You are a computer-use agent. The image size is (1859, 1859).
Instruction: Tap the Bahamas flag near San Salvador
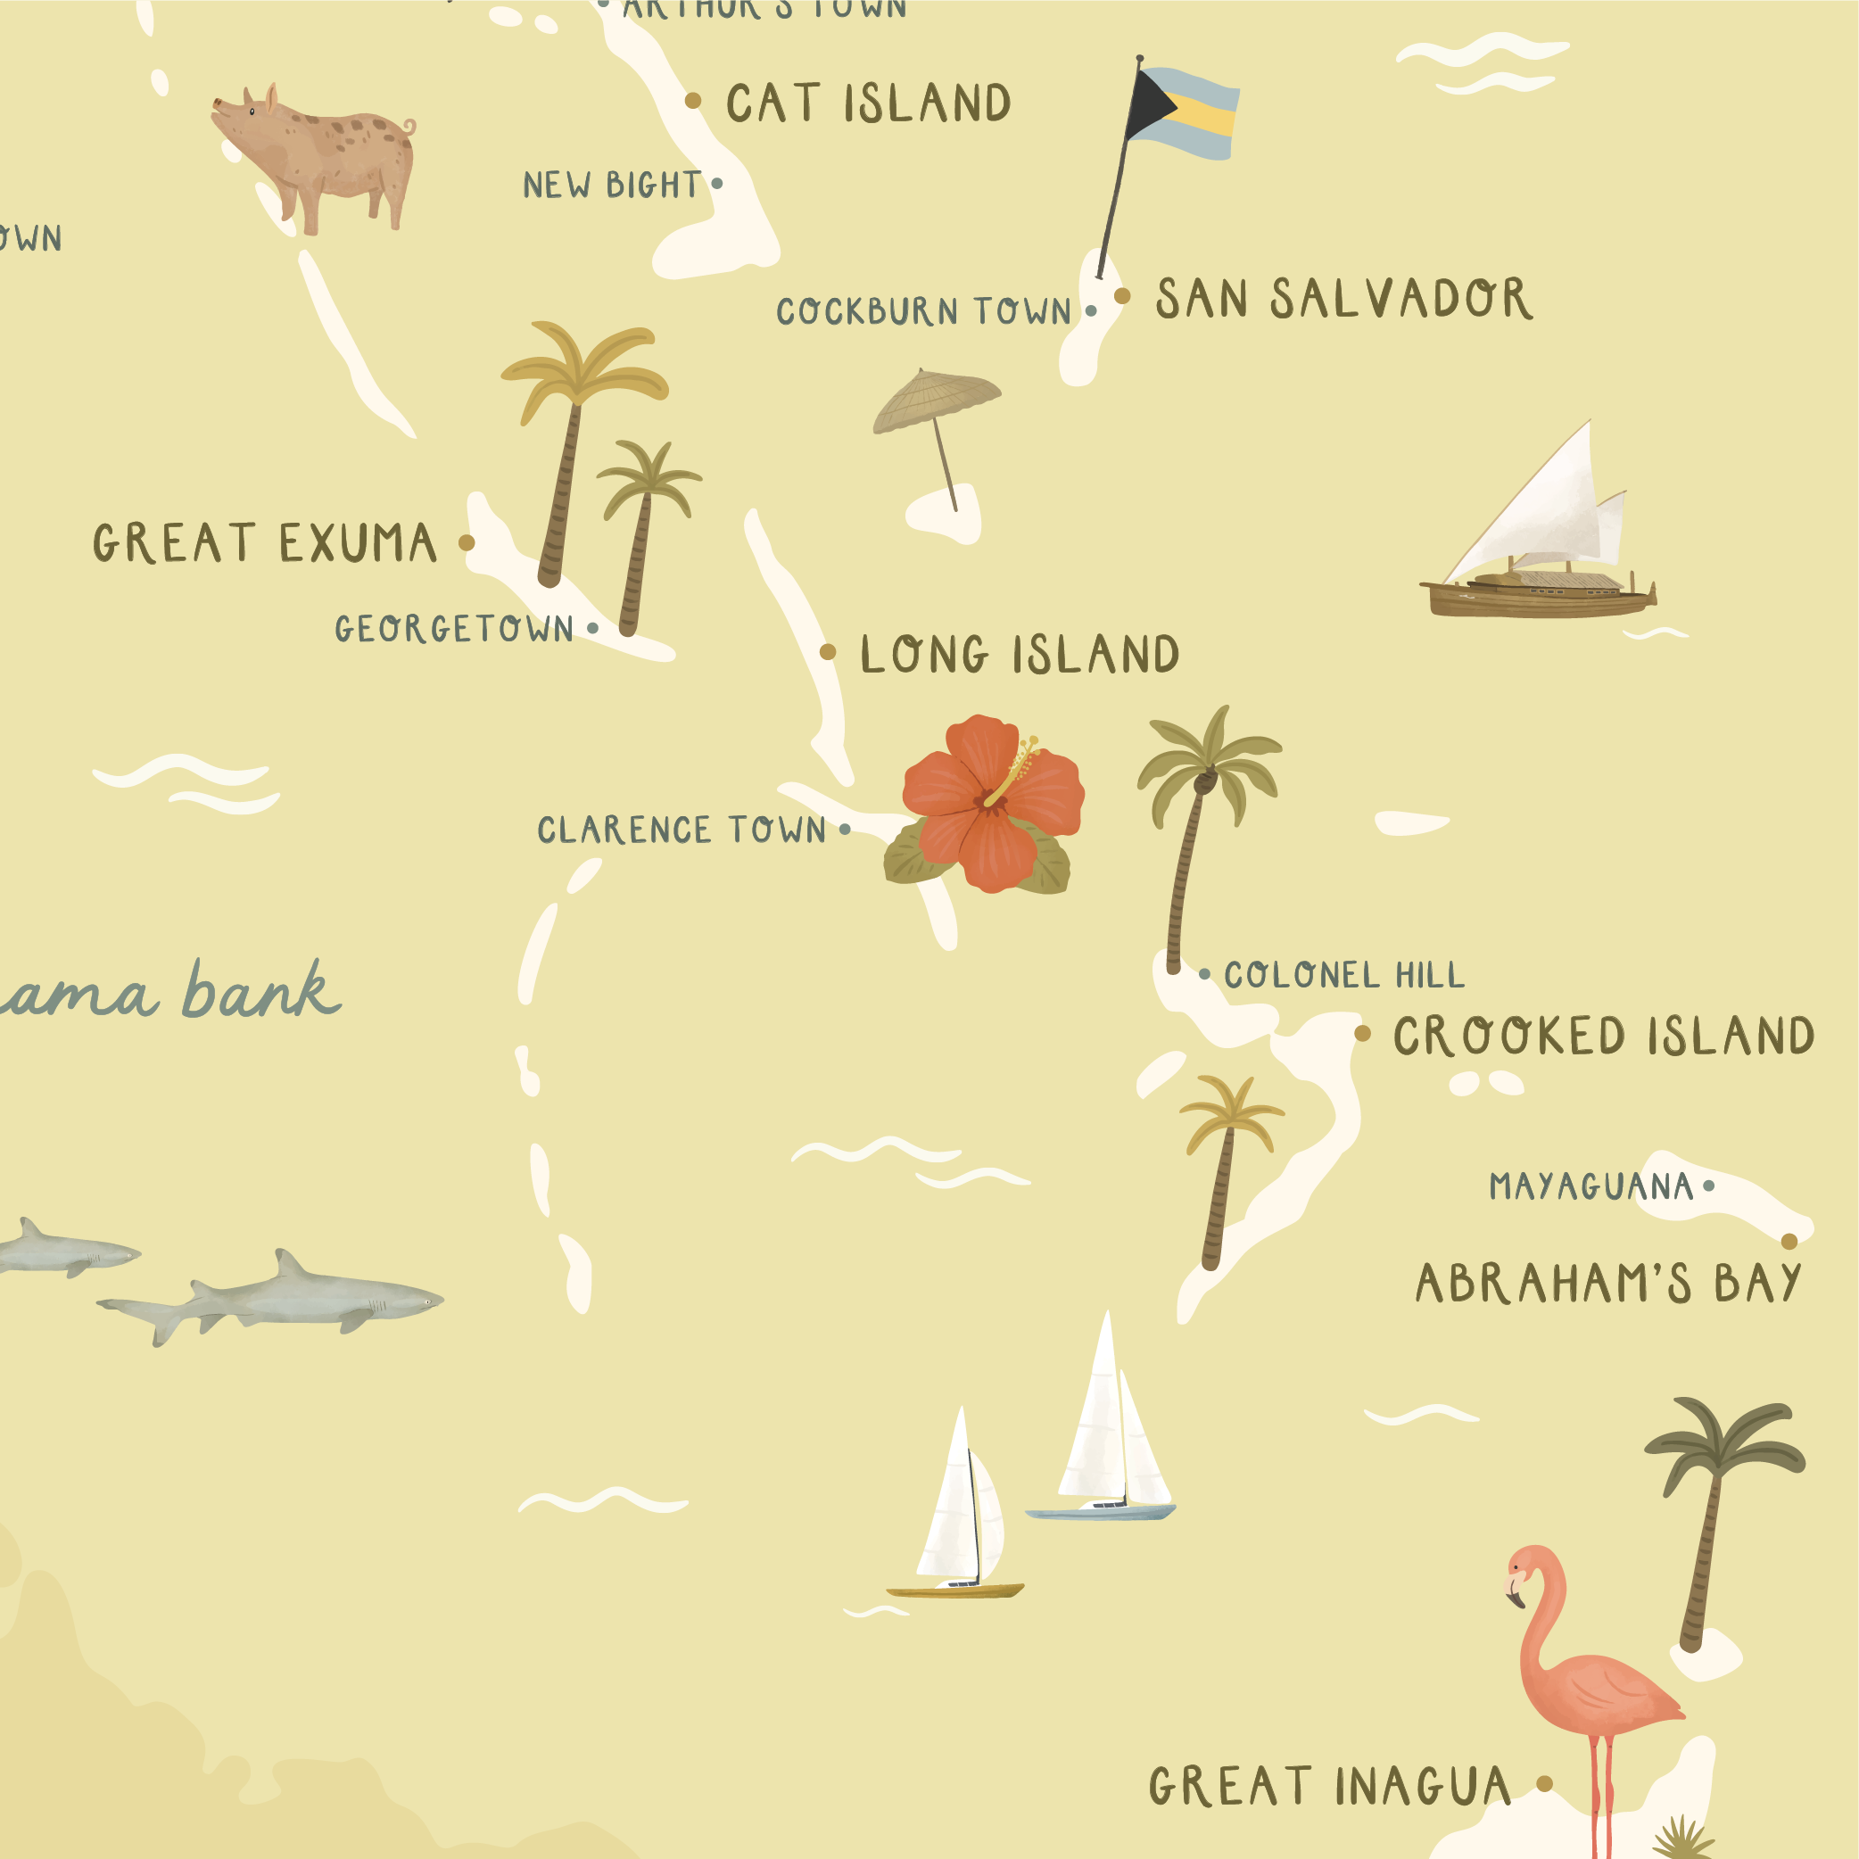coord(1182,113)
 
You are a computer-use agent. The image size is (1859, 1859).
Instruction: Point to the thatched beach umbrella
coord(937,404)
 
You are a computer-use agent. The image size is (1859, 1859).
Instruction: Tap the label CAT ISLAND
coord(868,103)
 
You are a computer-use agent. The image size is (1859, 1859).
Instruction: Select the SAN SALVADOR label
coord(1343,298)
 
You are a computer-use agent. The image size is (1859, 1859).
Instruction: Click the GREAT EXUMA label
coord(265,543)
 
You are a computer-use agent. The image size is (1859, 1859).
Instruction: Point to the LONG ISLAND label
coord(1020,656)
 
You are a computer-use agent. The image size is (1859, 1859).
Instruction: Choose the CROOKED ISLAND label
coord(1604,1037)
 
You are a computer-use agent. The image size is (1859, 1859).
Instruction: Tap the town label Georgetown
coord(454,629)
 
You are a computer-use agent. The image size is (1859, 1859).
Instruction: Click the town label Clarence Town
coord(682,830)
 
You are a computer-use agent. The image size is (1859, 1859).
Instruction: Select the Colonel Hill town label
coord(1344,976)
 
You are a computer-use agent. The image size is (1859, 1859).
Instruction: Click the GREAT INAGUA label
coord(1330,1787)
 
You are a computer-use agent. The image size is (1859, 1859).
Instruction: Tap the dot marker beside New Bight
coord(717,184)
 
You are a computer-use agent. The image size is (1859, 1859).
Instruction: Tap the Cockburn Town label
coord(924,311)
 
